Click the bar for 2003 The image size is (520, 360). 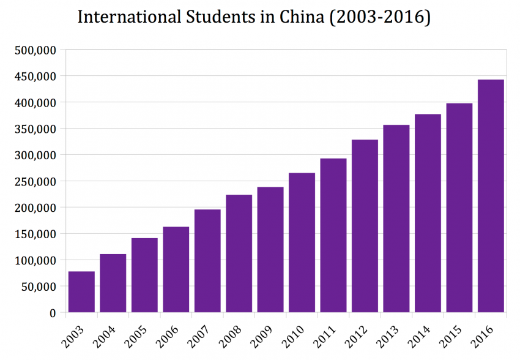(81, 292)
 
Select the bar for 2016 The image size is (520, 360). (491, 196)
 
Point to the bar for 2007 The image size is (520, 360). (207, 261)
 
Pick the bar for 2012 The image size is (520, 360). (365, 226)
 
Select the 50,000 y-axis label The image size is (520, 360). (39, 287)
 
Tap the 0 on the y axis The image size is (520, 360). (53, 313)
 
